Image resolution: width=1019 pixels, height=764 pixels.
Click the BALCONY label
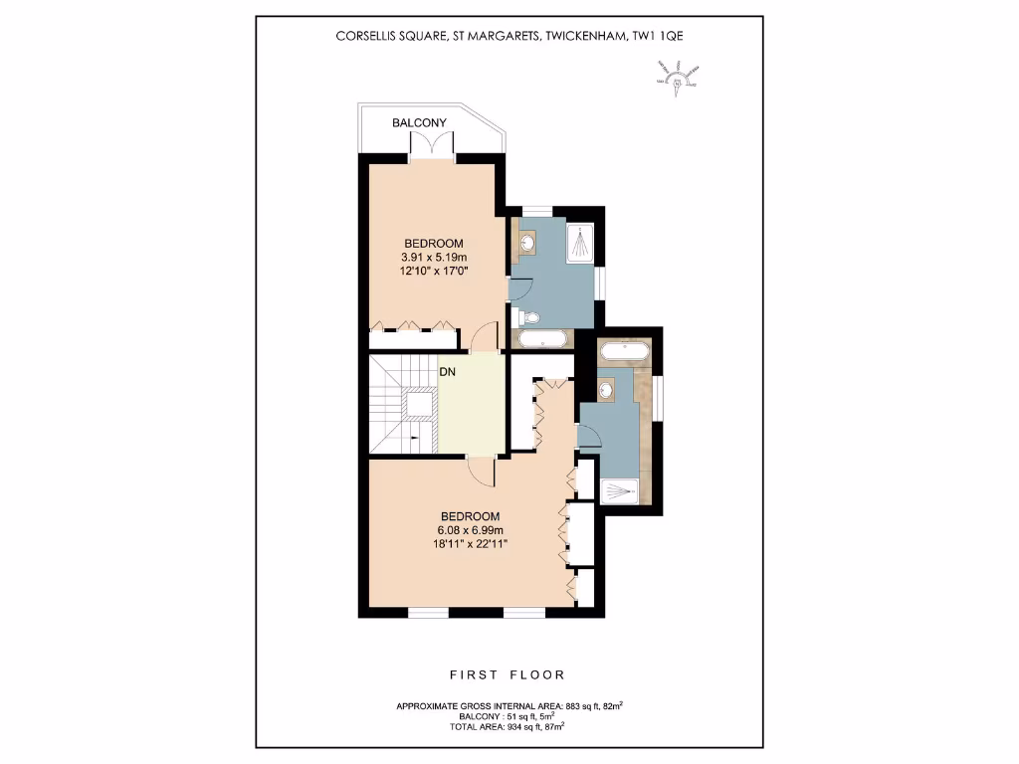419,123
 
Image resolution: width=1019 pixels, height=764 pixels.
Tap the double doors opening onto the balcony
433,144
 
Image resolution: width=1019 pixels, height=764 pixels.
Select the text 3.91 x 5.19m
433,258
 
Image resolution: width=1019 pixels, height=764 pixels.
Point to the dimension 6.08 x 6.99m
470,529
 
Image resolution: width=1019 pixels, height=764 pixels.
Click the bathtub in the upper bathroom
541,339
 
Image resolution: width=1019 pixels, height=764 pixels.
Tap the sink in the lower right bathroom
606,389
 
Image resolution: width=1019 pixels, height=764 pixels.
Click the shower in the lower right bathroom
624,489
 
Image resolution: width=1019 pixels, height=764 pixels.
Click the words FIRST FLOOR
508,674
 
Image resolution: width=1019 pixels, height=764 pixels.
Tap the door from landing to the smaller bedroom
485,338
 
